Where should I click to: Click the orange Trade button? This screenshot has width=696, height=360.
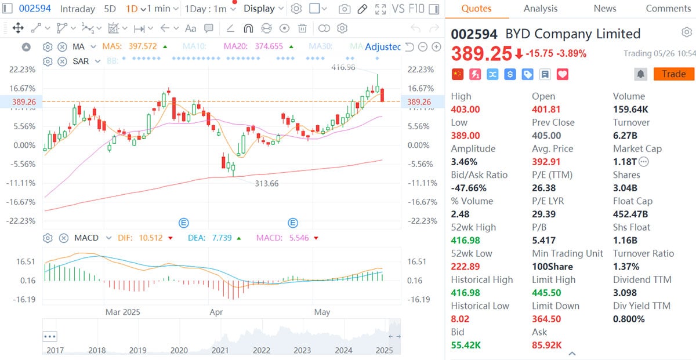(673, 74)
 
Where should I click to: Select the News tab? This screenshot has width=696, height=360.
(605, 9)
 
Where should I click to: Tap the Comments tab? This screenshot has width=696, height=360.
(668, 9)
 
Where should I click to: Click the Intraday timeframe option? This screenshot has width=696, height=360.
(77, 9)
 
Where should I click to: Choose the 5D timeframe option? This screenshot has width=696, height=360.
(110, 9)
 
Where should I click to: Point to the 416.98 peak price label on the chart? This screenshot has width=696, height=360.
(343, 67)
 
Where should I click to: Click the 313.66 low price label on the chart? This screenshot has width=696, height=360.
(267, 183)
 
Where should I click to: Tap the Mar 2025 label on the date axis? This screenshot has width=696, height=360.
(122, 312)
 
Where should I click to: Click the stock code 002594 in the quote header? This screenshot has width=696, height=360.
(474, 34)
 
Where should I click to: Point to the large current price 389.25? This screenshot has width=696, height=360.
(481, 54)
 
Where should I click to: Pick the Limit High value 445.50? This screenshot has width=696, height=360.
(547, 293)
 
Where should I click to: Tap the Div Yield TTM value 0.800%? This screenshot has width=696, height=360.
(629, 319)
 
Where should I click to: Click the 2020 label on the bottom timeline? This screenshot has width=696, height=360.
(179, 350)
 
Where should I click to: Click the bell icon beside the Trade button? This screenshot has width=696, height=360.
(640, 74)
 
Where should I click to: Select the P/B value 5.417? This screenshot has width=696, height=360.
(543, 240)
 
